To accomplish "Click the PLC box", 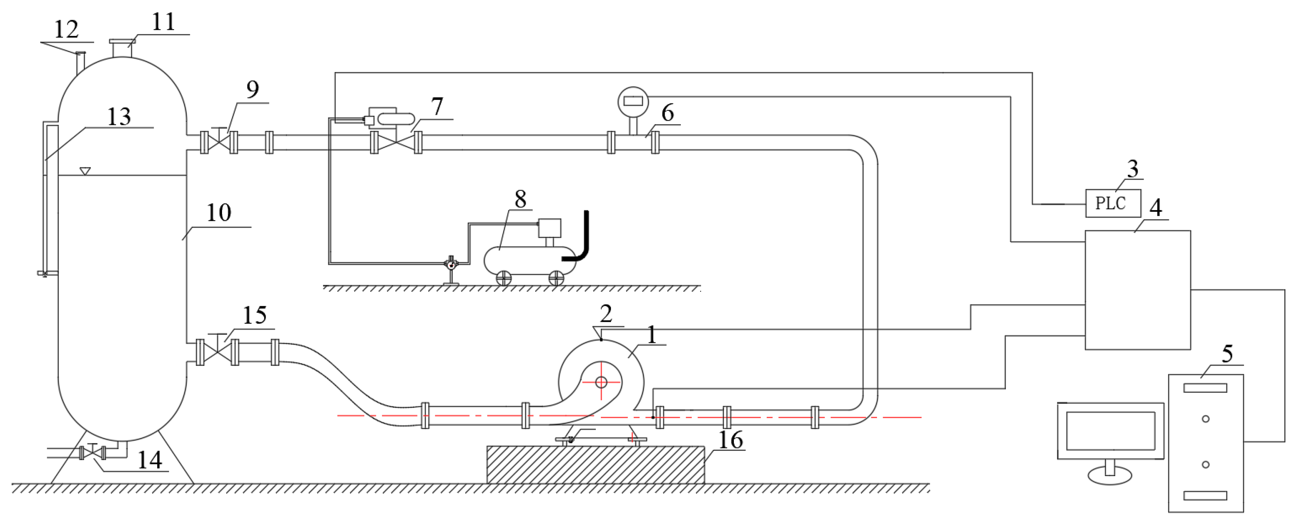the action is tap(1113, 203).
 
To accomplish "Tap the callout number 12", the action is tap(66, 29).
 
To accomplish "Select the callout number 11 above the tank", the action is tap(163, 22).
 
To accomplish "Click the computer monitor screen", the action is tap(1110, 431).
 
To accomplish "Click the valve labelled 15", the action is tap(217, 351).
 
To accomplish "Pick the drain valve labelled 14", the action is tap(92, 453).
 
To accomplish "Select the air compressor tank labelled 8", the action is tap(529, 259).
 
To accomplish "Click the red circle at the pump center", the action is tap(601, 383).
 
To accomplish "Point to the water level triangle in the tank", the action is tap(85, 171).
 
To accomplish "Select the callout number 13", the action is tap(119, 117).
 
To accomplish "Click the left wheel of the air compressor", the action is tap(503, 278).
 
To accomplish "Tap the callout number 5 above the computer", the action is tap(1227, 355).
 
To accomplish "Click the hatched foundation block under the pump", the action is tap(595, 465).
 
